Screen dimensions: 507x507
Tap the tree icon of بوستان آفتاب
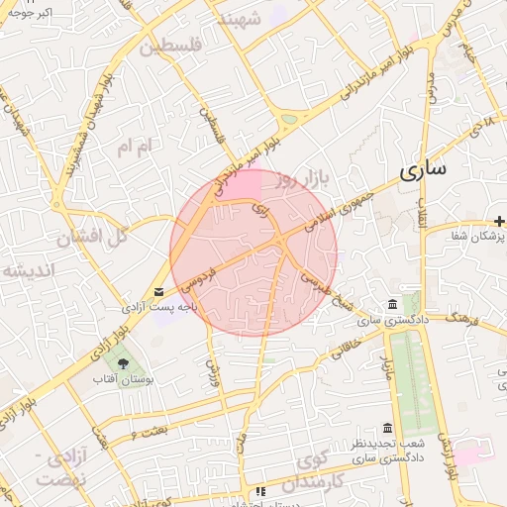[x=123, y=363]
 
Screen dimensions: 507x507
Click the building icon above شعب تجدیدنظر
[x=386, y=428]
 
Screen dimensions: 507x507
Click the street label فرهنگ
[x=463, y=318]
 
